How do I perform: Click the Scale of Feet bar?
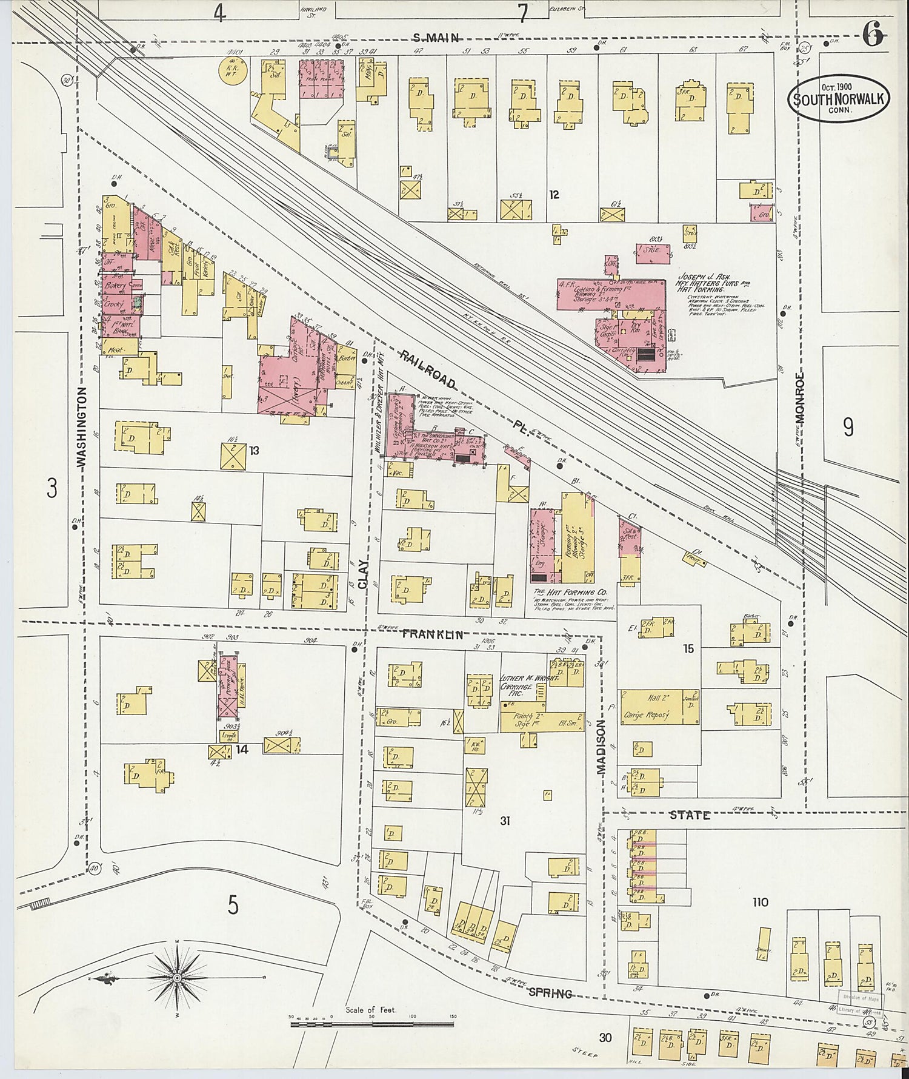371,1024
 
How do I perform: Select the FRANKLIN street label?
433,634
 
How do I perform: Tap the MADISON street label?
601,747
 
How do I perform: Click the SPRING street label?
550,993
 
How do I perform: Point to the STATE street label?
689,816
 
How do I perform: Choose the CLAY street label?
363,574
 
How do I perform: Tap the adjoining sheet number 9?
848,427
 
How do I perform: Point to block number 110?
760,902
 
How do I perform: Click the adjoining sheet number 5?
233,905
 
